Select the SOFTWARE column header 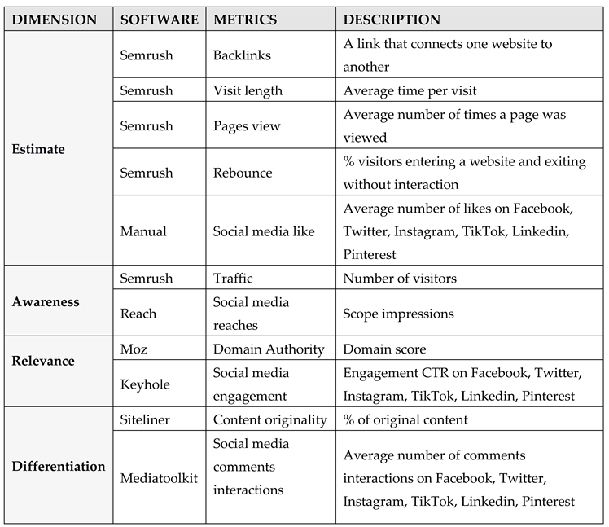pos(159,20)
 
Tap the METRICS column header pos(245,20)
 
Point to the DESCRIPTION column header pos(392,20)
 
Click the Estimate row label pos(38,150)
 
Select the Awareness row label pos(46,301)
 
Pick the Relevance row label pos(43,360)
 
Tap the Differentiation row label pos(59,467)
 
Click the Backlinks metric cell pos(241,55)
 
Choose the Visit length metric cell pos(248,91)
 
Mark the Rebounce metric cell pos(243,173)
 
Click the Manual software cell pos(143,231)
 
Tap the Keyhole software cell pos(145,384)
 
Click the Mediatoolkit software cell pos(159,478)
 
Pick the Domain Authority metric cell pos(269,349)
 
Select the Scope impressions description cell pos(398,313)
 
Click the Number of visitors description pos(400,279)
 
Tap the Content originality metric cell pos(270,420)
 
